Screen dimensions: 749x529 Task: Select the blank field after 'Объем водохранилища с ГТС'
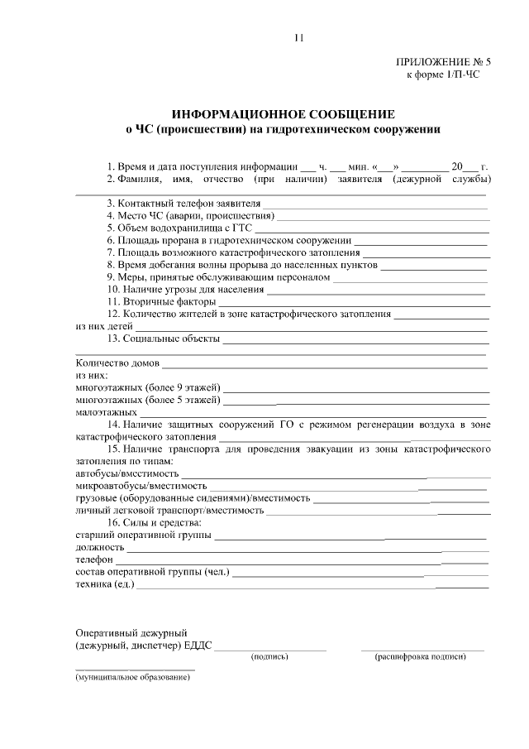click(369, 228)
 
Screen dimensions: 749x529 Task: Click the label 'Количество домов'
click(117, 362)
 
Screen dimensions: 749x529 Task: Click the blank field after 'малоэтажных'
click(313, 411)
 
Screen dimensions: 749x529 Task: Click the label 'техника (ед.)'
click(104, 584)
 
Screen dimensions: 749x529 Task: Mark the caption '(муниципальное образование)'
click(132, 677)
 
